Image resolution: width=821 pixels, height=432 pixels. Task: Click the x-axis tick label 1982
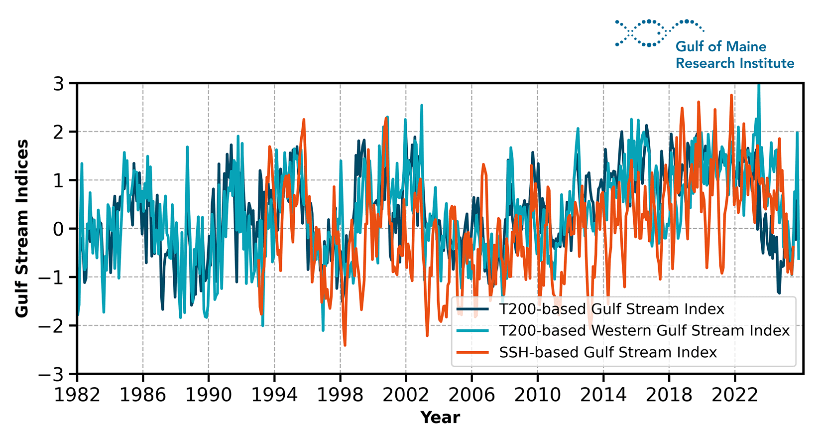tap(77, 395)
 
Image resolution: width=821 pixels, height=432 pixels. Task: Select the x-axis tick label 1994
tap(274, 395)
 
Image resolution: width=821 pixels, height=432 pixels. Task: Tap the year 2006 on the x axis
tap(471, 395)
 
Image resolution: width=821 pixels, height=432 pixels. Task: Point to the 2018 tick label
tap(669, 395)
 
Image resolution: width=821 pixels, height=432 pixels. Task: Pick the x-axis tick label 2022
tap(735, 395)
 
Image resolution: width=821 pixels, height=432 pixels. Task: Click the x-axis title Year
tap(440, 418)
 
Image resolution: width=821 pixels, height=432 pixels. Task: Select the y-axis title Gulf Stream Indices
tap(22, 228)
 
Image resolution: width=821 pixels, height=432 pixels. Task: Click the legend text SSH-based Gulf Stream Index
tap(608, 353)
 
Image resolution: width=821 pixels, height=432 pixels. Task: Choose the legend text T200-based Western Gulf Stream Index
tap(644, 331)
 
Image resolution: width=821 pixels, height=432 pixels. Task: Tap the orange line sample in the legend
tap(472, 353)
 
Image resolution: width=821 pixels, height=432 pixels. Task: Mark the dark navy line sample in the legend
tap(472, 309)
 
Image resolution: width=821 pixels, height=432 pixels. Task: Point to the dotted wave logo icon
tap(659, 33)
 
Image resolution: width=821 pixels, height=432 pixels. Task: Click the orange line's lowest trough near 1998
tap(345, 345)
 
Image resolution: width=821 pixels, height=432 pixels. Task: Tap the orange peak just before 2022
tap(731, 95)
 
